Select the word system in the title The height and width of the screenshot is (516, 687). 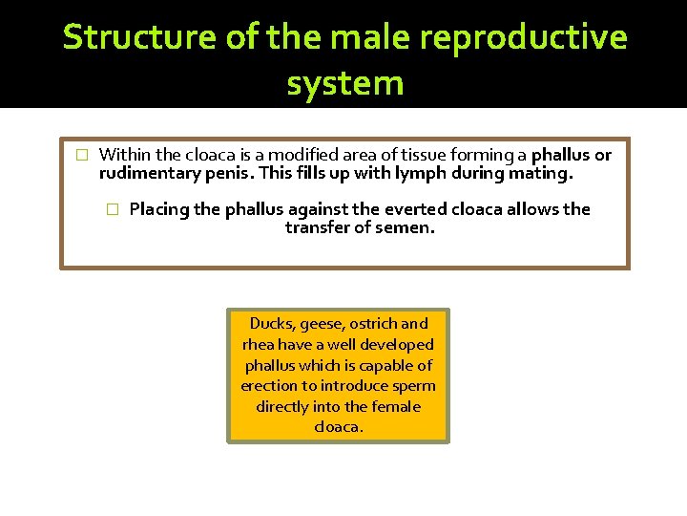(x=344, y=83)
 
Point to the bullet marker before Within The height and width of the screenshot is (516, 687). (x=81, y=155)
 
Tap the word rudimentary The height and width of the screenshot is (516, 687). (x=145, y=174)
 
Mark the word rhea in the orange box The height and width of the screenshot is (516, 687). (x=260, y=345)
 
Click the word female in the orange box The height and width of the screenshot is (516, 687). (x=398, y=407)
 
